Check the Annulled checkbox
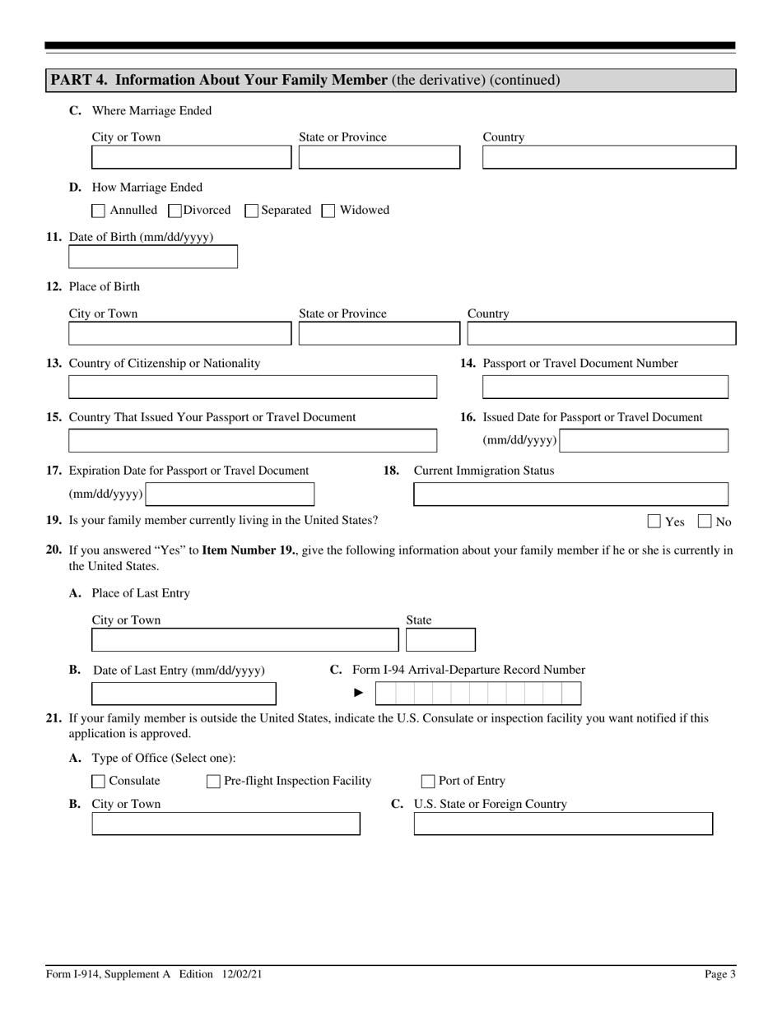98,211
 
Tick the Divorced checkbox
175,211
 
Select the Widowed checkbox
328,211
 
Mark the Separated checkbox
252,211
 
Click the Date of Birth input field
153,257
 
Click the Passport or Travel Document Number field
605,387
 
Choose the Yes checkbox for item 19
654,521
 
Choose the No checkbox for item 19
705,521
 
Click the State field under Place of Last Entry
440,640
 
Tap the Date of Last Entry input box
184,694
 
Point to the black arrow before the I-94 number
359,693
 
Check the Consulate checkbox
98,782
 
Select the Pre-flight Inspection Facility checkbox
213,782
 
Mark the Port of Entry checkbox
428,782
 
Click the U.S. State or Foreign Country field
563,824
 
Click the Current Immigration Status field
570,494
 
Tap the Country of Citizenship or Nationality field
253,387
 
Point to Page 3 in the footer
720,974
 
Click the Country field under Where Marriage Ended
609,157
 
